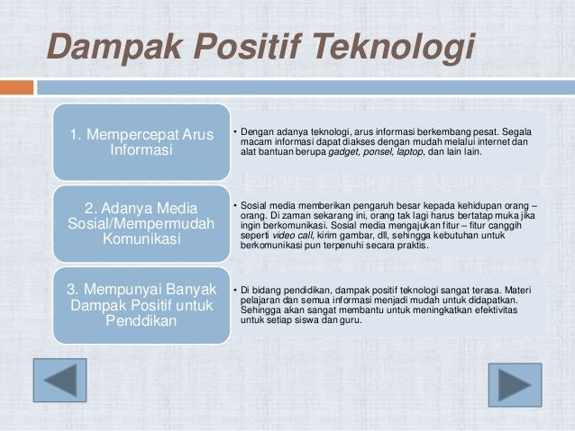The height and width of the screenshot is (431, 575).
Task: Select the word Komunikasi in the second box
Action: pos(142,240)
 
